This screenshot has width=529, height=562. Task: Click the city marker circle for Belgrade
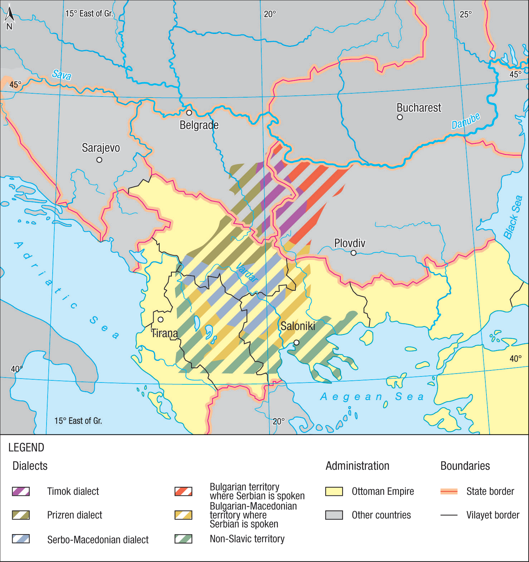pos(189,113)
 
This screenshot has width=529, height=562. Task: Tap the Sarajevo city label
pos(101,148)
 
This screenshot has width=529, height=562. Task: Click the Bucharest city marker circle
pos(400,117)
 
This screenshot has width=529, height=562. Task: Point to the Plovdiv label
pos(349,243)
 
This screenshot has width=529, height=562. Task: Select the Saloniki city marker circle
pos(296,342)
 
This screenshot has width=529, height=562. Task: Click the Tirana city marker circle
pos(161,319)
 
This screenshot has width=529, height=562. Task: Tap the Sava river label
pos(62,75)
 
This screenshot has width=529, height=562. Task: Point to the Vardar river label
pos(247,272)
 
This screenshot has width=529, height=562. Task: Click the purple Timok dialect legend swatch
pos(21,491)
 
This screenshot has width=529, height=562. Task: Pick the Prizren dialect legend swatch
pos(21,515)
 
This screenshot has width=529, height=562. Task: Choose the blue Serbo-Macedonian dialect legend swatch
pos(21,539)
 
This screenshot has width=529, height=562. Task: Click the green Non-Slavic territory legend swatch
pos(183,539)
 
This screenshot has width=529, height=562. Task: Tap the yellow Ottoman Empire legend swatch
pos(334,491)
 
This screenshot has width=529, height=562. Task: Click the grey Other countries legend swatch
pos(334,515)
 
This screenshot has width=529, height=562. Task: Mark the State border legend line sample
pos(449,491)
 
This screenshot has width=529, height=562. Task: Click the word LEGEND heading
pos(26,448)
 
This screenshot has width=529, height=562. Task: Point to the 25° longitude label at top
pos(466,14)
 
